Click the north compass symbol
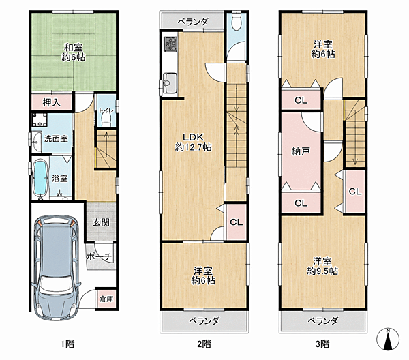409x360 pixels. [388, 339]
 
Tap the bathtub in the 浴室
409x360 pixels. [40, 178]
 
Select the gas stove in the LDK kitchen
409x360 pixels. [170, 44]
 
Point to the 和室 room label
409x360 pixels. [74, 52]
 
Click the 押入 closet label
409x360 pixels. [52, 102]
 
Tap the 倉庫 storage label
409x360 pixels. [106, 299]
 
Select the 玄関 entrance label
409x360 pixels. [101, 222]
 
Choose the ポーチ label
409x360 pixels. [99, 256]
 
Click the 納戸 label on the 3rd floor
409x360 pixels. [301, 151]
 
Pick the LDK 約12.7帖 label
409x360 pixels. [193, 142]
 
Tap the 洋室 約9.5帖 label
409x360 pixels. [322, 266]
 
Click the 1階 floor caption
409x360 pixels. [67, 344]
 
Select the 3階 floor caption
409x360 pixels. [322, 344]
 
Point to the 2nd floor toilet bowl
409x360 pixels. [237, 22]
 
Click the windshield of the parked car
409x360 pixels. [57, 284]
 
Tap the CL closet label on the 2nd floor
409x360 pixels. [237, 222]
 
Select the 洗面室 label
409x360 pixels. [56, 138]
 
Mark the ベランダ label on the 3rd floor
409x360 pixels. [323, 320]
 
